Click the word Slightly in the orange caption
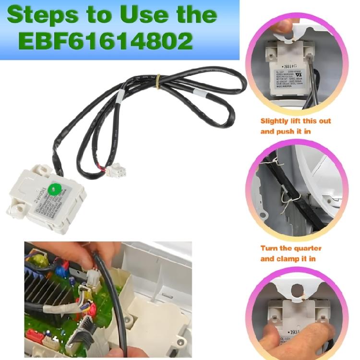(x=277, y=121)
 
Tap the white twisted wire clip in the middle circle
(x=286, y=194)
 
